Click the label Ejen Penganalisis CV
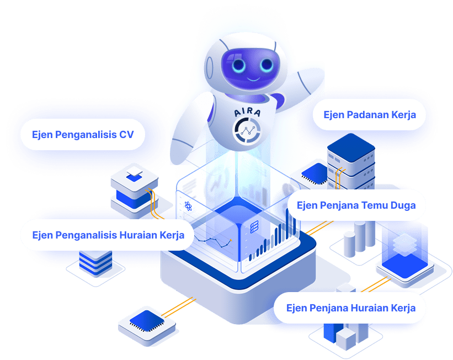(x=83, y=135)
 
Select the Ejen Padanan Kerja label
(x=370, y=115)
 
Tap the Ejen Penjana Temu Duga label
(x=356, y=205)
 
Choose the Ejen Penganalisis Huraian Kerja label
(x=108, y=235)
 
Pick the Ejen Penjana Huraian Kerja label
(x=351, y=308)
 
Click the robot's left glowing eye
(x=239, y=65)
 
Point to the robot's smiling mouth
(x=254, y=78)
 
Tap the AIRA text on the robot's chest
(x=247, y=112)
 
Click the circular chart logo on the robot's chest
(x=247, y=131)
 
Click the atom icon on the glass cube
(x=188, y=206)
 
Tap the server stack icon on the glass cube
(x=254, y=227)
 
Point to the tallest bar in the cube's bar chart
(x=287, y=223)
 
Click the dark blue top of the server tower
(x=351, y=148)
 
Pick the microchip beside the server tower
(x=315, y=173)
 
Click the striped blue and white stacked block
(x=95, y=263)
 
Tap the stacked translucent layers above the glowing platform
(x=405, y=245)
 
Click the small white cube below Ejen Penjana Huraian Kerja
(x=346, y=338)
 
